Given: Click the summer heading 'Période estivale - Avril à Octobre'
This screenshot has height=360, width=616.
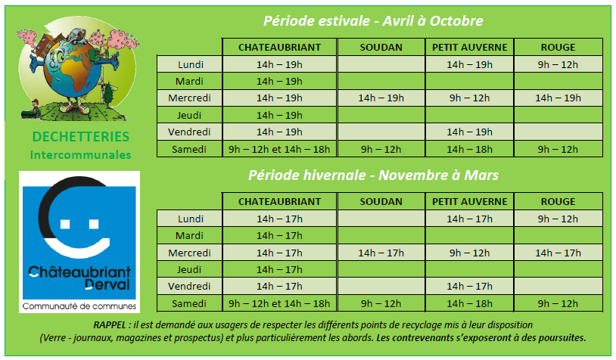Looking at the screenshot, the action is (x=373, y=21).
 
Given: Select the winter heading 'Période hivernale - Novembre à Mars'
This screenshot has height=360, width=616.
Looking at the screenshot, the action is (x=373, y=175).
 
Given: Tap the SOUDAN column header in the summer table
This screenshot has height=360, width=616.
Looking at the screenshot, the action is (x=381, y=47).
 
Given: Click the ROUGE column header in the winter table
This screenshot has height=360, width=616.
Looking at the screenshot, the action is (x=558, y=201).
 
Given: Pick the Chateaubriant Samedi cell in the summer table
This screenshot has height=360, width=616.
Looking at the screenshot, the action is (x=279, y=149).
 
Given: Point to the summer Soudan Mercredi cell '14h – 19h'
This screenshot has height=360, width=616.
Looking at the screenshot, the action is (x=381, y=98).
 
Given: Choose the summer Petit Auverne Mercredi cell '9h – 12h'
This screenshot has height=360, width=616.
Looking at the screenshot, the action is (x=469, y=98).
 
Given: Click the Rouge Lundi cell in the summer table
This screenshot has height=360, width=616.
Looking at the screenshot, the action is (x=558, y=64).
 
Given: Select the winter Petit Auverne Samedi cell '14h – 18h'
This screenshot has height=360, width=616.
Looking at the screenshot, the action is (x=469, y=303).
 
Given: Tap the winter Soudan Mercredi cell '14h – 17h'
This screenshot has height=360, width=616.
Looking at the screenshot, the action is (x=381, y=253).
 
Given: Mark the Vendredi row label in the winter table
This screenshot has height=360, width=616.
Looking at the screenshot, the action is (x=189, y=286).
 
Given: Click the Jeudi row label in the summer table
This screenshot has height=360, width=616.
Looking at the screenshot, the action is (x=189, y=115).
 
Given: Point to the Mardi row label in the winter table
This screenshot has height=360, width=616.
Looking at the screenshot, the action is (x=189, y=235).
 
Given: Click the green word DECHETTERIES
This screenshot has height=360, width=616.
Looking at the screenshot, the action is (x=80, y=137).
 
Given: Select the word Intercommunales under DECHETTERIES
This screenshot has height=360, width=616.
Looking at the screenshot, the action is (x=80, y=155).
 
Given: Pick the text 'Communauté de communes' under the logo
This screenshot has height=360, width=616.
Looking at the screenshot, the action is (x=79, y=306).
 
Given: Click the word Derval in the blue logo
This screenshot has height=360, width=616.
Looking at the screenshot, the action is (x=107, y=284).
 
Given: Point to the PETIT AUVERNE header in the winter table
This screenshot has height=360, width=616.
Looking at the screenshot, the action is (x=469, y=201).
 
